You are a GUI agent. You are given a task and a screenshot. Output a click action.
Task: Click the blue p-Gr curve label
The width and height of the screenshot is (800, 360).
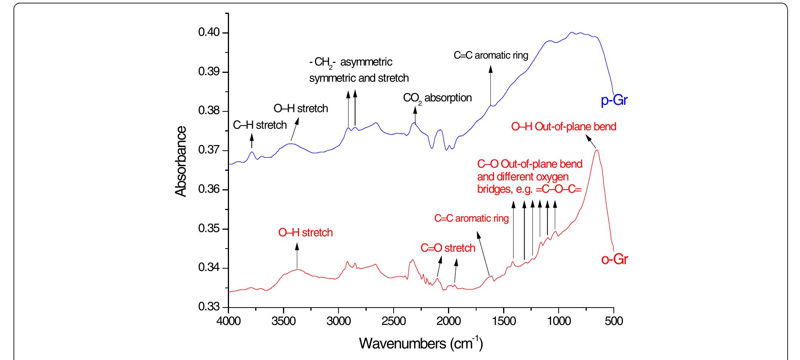pos(615,101)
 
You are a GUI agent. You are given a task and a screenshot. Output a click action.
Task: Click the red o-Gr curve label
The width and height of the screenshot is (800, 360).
pos(615,259)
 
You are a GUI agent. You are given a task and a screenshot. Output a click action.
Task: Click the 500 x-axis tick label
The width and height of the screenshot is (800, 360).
pos(613,321)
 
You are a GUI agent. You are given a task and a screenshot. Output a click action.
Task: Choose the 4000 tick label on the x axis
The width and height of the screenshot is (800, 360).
pos(229,321)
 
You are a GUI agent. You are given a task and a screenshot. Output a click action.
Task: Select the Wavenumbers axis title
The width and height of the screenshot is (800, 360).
pos(421,343)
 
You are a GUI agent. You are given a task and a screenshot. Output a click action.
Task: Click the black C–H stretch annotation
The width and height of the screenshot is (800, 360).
pos(260,125)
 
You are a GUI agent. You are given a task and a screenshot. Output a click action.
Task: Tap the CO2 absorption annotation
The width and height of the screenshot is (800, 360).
pos(437,98)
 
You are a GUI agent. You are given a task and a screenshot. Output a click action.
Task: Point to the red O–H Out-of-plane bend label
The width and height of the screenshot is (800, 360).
pos(563,126)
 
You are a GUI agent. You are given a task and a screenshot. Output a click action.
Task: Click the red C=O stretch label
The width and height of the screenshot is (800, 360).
pos(448,248)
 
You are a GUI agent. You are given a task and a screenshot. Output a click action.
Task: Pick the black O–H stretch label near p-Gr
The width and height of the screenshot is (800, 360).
pos(301,108)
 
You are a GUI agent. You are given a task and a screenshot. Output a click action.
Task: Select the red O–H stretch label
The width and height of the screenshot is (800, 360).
pos(305,233)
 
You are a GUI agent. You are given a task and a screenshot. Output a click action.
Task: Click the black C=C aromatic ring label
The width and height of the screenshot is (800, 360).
pos(490,55)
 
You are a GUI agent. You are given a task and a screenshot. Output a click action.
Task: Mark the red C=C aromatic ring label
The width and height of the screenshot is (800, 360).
pos(471,219)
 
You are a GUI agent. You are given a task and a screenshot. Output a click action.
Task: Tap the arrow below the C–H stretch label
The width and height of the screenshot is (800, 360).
pos(252,140)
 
